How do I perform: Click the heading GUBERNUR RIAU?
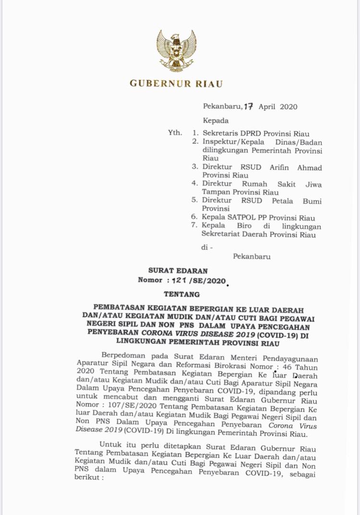coord(176,84)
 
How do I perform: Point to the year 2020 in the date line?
coord(288,107)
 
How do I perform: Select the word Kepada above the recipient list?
coord(216,120)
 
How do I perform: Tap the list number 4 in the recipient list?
coord(195,183)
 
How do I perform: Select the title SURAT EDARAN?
coord(179,271)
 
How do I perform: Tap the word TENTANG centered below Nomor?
coord(181,294)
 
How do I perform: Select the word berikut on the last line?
coord(87,479)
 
